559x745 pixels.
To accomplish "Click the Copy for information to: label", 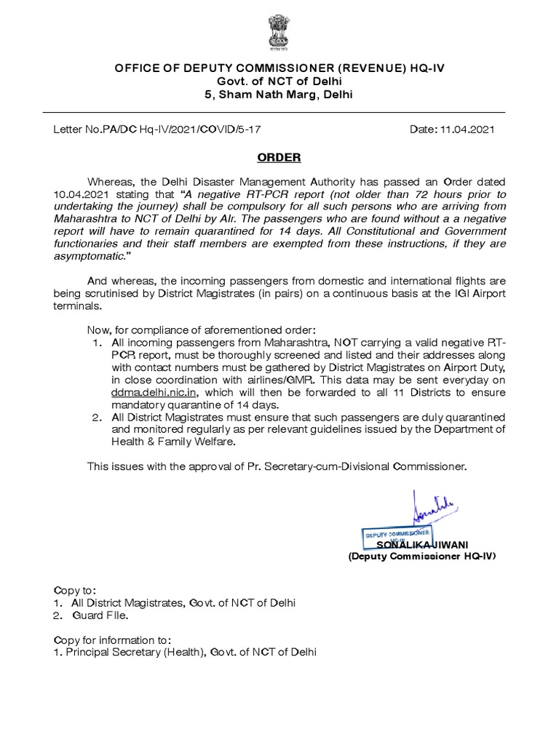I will click(113, 640).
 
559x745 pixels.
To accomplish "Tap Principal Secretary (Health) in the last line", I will click(136, 653).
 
